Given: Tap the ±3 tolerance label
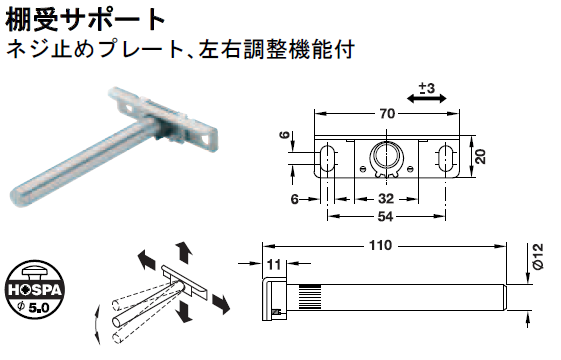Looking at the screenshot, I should pos(426,90).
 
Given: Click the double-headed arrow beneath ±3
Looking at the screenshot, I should pos(427,104).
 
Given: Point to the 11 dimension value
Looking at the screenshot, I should pos(274,264).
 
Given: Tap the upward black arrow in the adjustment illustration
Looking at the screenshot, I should pos(183,250).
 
